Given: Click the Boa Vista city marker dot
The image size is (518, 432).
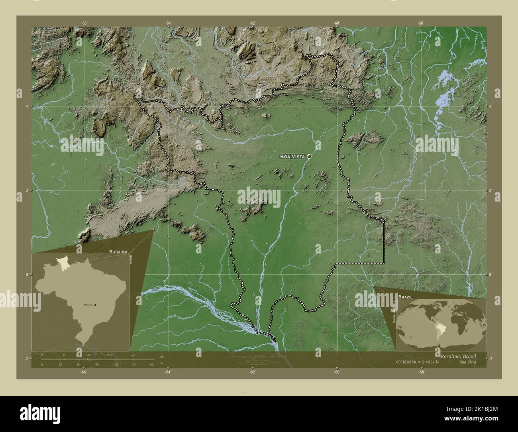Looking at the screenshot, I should (308, 157).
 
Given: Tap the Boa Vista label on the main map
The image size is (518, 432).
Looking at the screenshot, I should (292, 157).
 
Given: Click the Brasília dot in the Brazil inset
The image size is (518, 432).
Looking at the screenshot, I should (95, 304).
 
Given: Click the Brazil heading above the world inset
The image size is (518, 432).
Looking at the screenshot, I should (405, 297).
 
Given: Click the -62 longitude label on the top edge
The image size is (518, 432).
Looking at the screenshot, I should (252, 23).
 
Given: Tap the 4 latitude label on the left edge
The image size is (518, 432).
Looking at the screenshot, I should (27, 106).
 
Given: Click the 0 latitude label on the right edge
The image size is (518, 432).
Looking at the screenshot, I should (491, 275).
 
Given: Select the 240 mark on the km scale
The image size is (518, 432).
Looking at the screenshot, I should (133, 355).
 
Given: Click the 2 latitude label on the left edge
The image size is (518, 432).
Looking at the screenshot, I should (27, 190).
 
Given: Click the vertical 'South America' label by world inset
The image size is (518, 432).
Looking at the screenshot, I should (394, 311).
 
